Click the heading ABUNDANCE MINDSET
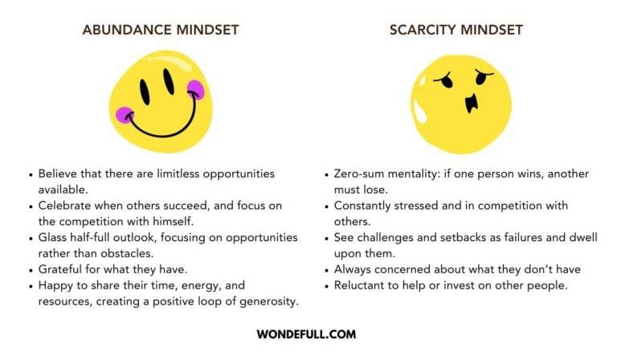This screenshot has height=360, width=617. tap(160, 30)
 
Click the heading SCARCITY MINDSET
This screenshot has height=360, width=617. tap(456, 30)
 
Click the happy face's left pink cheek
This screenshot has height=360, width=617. tap(124, 115)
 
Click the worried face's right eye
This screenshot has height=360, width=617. tap(483, 80)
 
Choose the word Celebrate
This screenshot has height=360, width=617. tap(66, 206)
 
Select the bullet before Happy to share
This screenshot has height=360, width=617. tap(30, 284)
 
